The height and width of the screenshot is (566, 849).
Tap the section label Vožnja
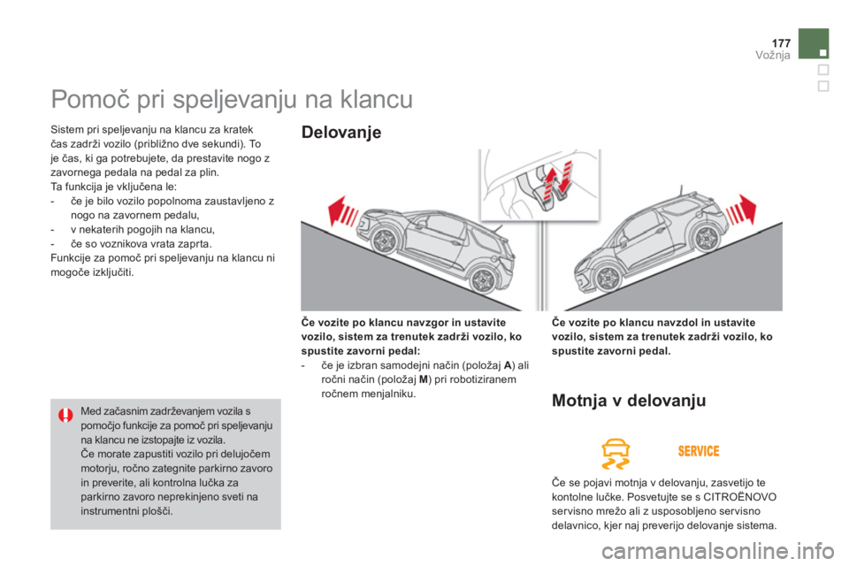tap(773, 56)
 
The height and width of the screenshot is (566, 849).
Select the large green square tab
tap(814, 43)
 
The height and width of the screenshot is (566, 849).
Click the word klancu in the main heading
tap(371, 99)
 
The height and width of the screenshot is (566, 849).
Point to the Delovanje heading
tap(341, 134)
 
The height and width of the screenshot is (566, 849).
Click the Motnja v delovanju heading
tap(628, 402)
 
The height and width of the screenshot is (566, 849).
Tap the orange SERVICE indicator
tap(699, 452)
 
